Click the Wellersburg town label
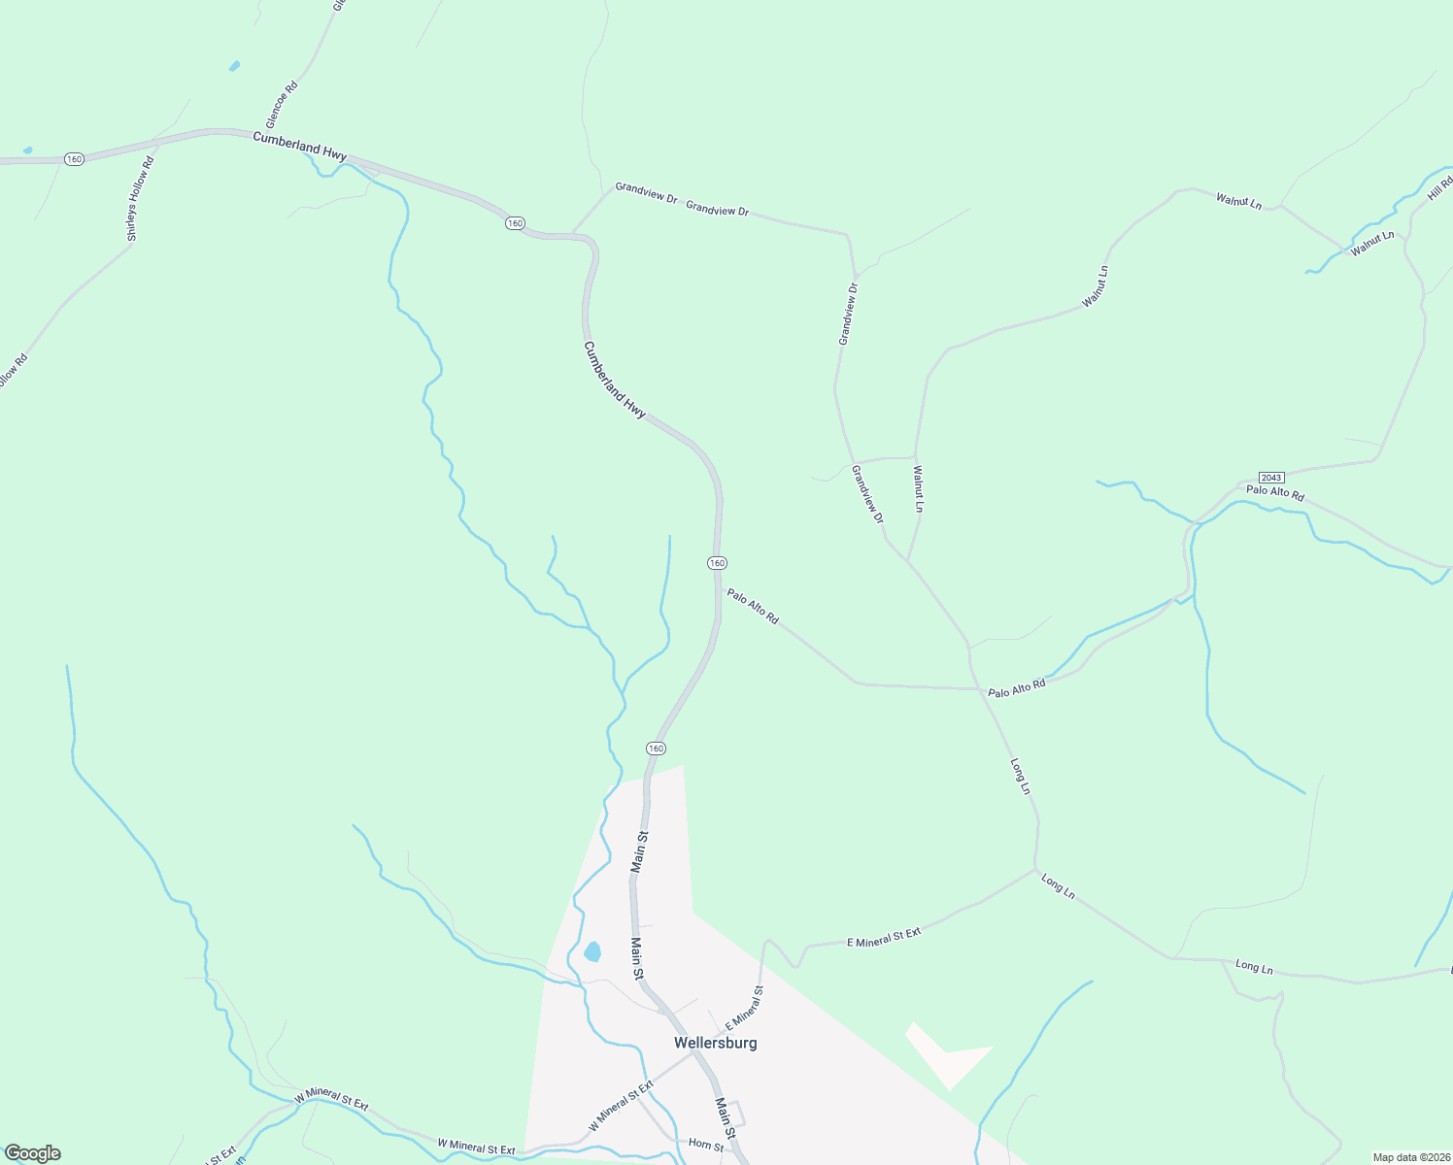[715, 1043]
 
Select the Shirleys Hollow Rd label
[140, 199]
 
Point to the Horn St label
[706, 1147]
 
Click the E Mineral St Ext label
[884, 937]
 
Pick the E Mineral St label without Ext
[744, 1008]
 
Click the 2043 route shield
[1271, 478]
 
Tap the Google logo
[32, 1153]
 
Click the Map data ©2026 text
[1410, 1157]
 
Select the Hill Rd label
[1439, 188]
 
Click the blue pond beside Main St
[591, 951]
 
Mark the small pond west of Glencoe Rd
[234, 66]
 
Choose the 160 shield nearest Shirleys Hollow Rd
[75, 158]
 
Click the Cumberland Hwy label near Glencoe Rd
[299, 147]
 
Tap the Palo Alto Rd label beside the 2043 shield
[1275, 493]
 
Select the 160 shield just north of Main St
[656, 749]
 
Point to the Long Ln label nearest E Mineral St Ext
[1058, 886]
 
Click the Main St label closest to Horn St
[724, 1113]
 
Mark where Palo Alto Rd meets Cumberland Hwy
[719, 586]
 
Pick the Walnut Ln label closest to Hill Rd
[1371, 244]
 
